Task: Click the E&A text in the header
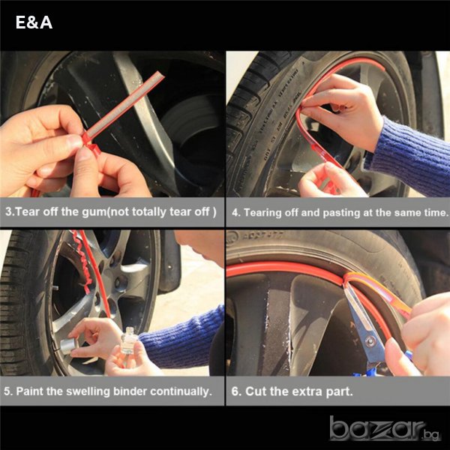[x=34, y=22]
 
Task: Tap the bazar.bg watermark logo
[x=385, y=428]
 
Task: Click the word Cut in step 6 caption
[x=256, y=391]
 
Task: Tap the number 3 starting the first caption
[x=8, y=211]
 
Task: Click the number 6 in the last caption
[x=235, y=391]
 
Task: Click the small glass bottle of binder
[x=128, y=342]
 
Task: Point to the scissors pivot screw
[x=370, y=341]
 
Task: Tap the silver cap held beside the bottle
[x=69, y=346]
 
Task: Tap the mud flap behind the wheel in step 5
[x=169, y=262]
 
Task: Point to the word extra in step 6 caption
[x=308, y=392]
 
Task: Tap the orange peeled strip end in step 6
[x=379, y=292]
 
